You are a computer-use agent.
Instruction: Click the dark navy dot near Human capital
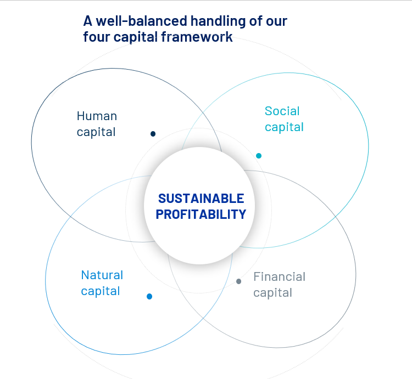(x=153, y=134)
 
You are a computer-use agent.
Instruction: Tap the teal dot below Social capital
(x=259, y=156)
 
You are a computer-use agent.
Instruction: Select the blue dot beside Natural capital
(x=149, y=296)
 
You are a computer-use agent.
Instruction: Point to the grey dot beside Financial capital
(x=238, y=281)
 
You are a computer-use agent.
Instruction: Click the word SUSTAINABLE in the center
(x=201, y=199)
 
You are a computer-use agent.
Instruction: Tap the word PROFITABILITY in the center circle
(x=201, y=214)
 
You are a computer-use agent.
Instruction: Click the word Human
(x=97, y=116)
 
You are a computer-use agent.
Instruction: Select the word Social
(x=282, y=111)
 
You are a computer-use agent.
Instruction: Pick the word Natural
(x=102, y=275)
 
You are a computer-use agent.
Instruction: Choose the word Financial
(x=279, y=277)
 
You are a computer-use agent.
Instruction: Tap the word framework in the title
(x=197, y=37)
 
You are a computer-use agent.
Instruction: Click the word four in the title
(x=96, y=37)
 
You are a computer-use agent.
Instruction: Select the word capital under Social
(x=285, y=127)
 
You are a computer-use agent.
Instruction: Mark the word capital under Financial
(x=272, y=293)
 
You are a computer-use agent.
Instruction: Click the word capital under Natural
(x=101, y=292)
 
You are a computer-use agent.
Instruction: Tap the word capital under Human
(x=96, y=132)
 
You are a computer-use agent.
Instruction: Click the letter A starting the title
(x=88, y=21)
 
